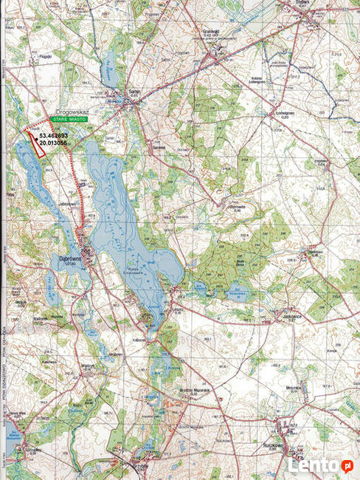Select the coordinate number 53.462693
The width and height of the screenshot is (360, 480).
pyautogui.click(x=54, y=136)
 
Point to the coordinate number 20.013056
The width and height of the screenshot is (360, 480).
pyautogui.click(x=54, y=144)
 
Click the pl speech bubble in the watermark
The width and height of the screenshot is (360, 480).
pyautogui.click(x=346, y=464)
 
